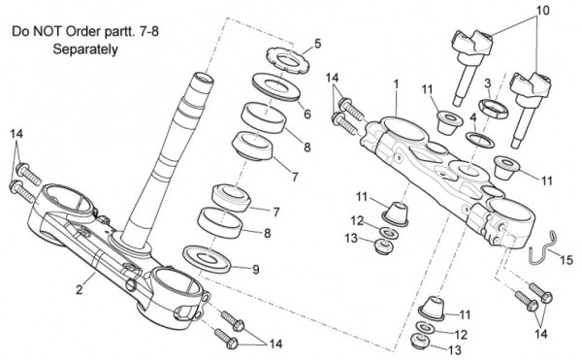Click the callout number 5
[317, 44]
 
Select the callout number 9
[256, 270]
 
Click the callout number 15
[566, 260]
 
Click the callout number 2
[80, 289]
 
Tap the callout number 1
[396, 84]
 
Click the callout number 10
[542, 11]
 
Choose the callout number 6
[307, 114]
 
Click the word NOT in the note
[48, 32]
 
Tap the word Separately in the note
[85, 49]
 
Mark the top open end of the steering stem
[203, 78]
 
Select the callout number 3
[488, 83]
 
